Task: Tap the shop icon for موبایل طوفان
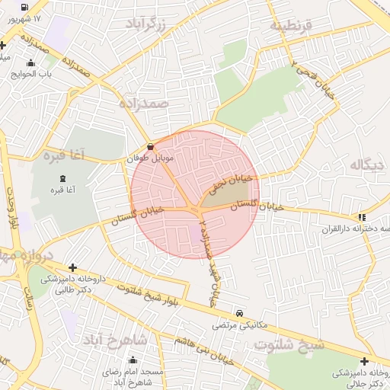(149, 145)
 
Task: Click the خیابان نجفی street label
(227, 181)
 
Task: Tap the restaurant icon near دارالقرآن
(362, 216)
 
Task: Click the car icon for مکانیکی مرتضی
(240, 313)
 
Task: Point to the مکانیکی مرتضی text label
(243, 324)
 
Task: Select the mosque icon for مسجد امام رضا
(134, 360)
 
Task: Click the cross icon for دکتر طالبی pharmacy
(72, 267)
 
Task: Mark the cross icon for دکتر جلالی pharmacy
(364, 360)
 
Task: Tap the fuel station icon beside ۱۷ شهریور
(25, 8)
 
